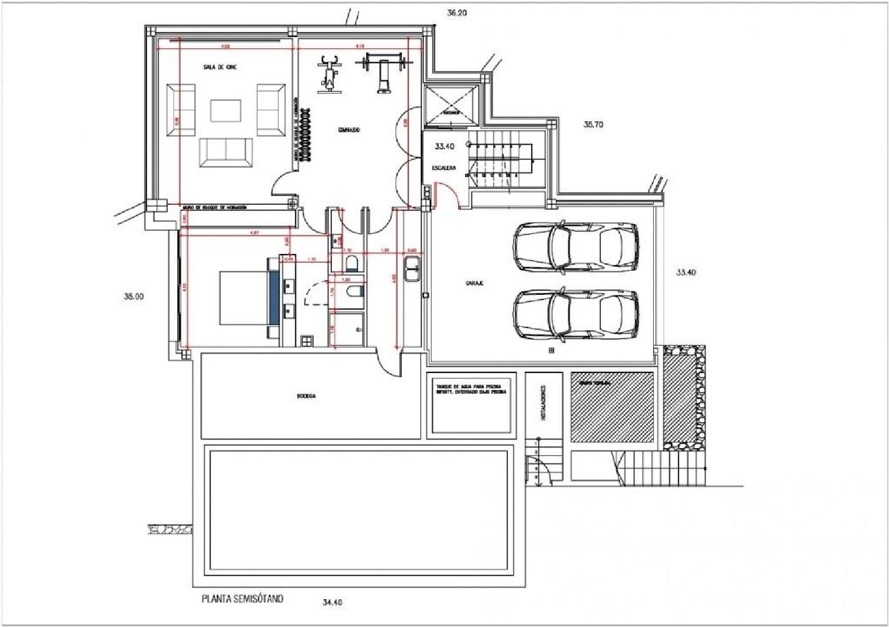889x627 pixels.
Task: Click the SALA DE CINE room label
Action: point(220,67)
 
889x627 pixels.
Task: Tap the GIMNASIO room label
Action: point(349,130)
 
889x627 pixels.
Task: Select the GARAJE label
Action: point(474,284)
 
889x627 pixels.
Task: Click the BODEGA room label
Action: point(306,396)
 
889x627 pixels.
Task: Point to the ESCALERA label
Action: point(444,168)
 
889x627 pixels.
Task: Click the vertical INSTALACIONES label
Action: point(543,403)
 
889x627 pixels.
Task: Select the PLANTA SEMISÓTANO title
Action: point(242,599)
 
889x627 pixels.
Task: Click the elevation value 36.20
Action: point(456,12)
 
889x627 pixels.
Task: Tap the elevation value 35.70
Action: point(593,124)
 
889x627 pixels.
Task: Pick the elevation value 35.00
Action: point(133,297)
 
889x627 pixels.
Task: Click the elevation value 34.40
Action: point(332,602)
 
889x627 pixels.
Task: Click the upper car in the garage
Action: point(575,247)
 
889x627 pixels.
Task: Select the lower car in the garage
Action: point(575,314)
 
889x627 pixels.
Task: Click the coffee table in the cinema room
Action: point(225,111)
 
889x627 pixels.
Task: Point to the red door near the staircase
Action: point(445,192)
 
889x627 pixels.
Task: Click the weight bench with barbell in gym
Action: point(383,70)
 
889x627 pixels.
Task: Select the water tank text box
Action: point(471,403)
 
